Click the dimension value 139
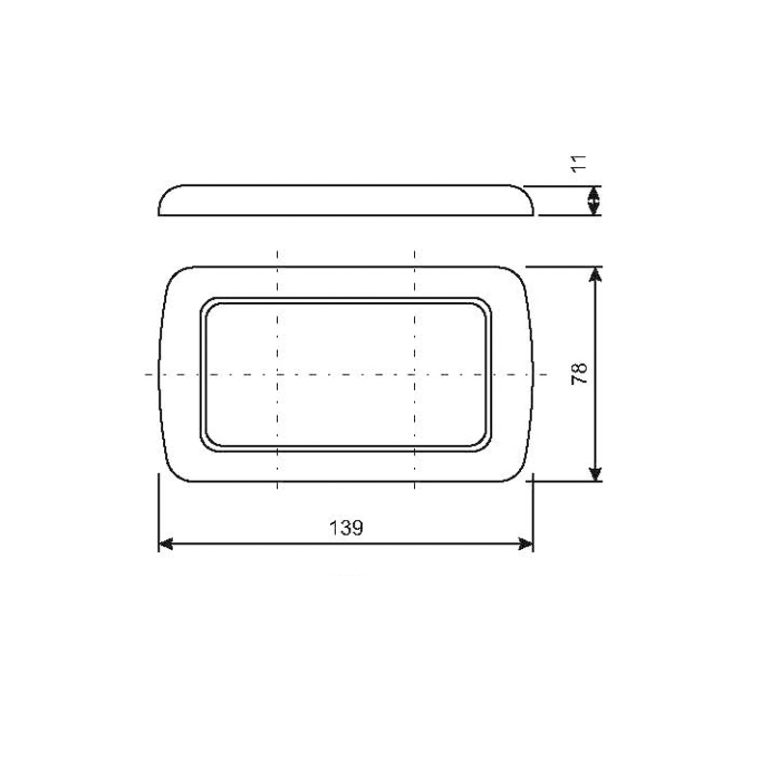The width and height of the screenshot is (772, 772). (345, 528)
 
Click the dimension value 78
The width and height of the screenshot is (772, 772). (579, 373)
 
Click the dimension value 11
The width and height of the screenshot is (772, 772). (578, 162)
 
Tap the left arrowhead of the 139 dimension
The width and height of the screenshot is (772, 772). (165, 544)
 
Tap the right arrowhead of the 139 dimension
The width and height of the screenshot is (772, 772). (526, 544)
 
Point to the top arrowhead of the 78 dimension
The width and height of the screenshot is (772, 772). (596, 274)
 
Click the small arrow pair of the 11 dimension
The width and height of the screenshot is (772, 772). (595, 200)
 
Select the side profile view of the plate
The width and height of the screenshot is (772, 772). (345, 199)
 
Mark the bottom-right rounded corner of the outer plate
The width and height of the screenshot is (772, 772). (518, 469)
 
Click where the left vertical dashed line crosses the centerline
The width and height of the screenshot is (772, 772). (277, 373)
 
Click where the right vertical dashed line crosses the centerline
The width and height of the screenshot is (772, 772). (415, 373)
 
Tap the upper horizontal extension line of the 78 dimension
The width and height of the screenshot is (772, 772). (565, 265)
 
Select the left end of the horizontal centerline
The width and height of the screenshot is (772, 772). (147, 373)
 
